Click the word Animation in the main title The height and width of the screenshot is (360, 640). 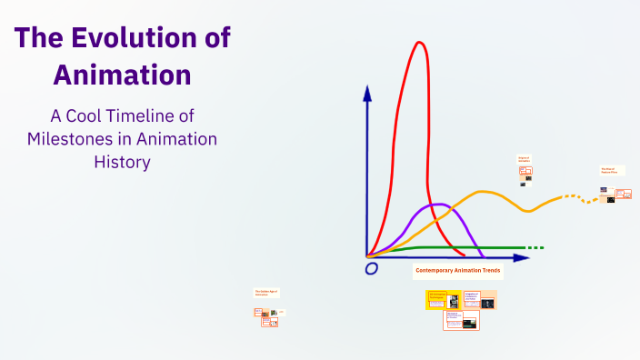[x=122, y=74]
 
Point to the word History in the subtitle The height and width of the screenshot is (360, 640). [x=122, y=162]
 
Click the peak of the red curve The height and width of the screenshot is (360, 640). [x=419, y=43]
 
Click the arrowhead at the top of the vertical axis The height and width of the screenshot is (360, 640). [x=367, y=92]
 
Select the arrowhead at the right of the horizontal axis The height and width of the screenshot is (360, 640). [x=522, y=257]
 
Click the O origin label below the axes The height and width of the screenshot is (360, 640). [x=371, y=269]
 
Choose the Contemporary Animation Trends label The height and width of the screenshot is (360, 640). [x=457, y=271]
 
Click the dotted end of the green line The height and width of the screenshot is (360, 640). [x=535, y=247]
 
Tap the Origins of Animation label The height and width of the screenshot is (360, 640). [x=524, y=158]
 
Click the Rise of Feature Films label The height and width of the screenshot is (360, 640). [x=608, y=170]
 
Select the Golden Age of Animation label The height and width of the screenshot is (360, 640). [x=265, y=293]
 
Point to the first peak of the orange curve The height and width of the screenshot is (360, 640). [x=483, y=192]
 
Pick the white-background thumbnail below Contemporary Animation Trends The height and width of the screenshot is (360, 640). [x=461, y=320]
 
